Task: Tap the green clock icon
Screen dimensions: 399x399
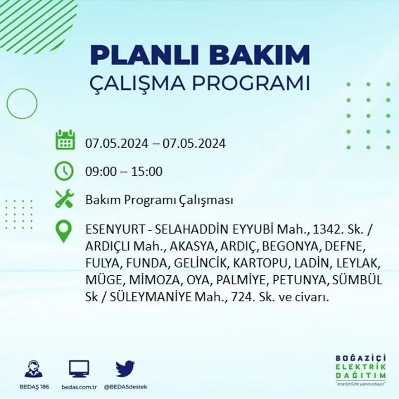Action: (x=64, y=171)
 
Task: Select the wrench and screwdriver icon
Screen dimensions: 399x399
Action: (x=64, y=199)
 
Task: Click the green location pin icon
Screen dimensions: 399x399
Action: (x=64, y=231)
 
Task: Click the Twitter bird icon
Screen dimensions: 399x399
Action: (x=125, y=369)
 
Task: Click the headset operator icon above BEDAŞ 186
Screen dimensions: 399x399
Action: (x=34, y=369)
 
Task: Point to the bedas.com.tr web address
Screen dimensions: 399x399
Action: (x=79, y=387)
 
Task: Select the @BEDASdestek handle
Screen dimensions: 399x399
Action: (x=125, y=387)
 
